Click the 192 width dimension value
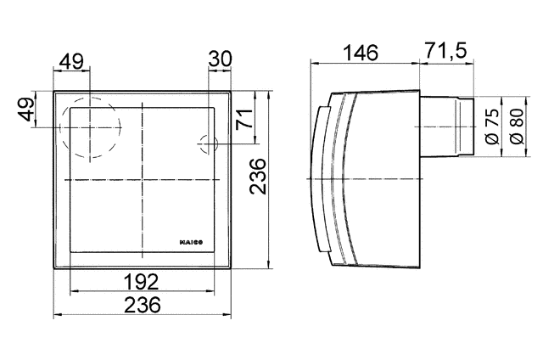pyautogui.click(x=143, y=281)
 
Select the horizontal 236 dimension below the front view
pyautogui.click(x=143, y=306)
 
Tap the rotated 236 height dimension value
pyautogui.click(x=260, y=176)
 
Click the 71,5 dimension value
pyautogui.click(x=445, y=53)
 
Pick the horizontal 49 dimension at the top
pyautogui.click(x=72, y=61)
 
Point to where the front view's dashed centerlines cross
pyautogui.click(x=143, y=181)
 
